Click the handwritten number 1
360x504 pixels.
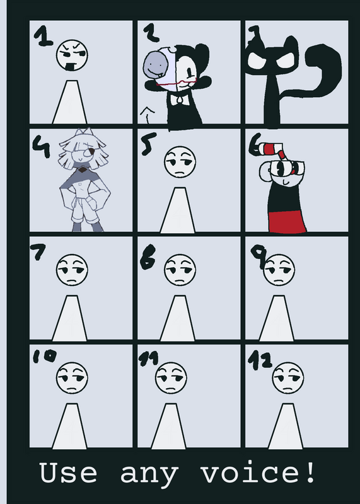point(43,36)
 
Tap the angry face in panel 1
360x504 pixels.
point(72,55)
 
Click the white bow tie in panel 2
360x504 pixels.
point(179,100)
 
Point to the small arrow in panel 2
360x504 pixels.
point(148,115)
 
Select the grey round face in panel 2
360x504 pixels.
point(154,67)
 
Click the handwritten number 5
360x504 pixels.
point(148,144)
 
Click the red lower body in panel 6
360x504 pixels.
point(287,221)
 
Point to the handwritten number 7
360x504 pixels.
point(38,251)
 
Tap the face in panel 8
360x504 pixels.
point(180,270)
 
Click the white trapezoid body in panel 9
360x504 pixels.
point(276,318)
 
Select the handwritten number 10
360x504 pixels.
point(45,356)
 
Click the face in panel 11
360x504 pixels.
point(171,378)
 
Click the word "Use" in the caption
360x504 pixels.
point(68,472)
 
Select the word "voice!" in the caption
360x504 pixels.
point(257,472)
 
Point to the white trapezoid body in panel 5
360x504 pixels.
point(178,210)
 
